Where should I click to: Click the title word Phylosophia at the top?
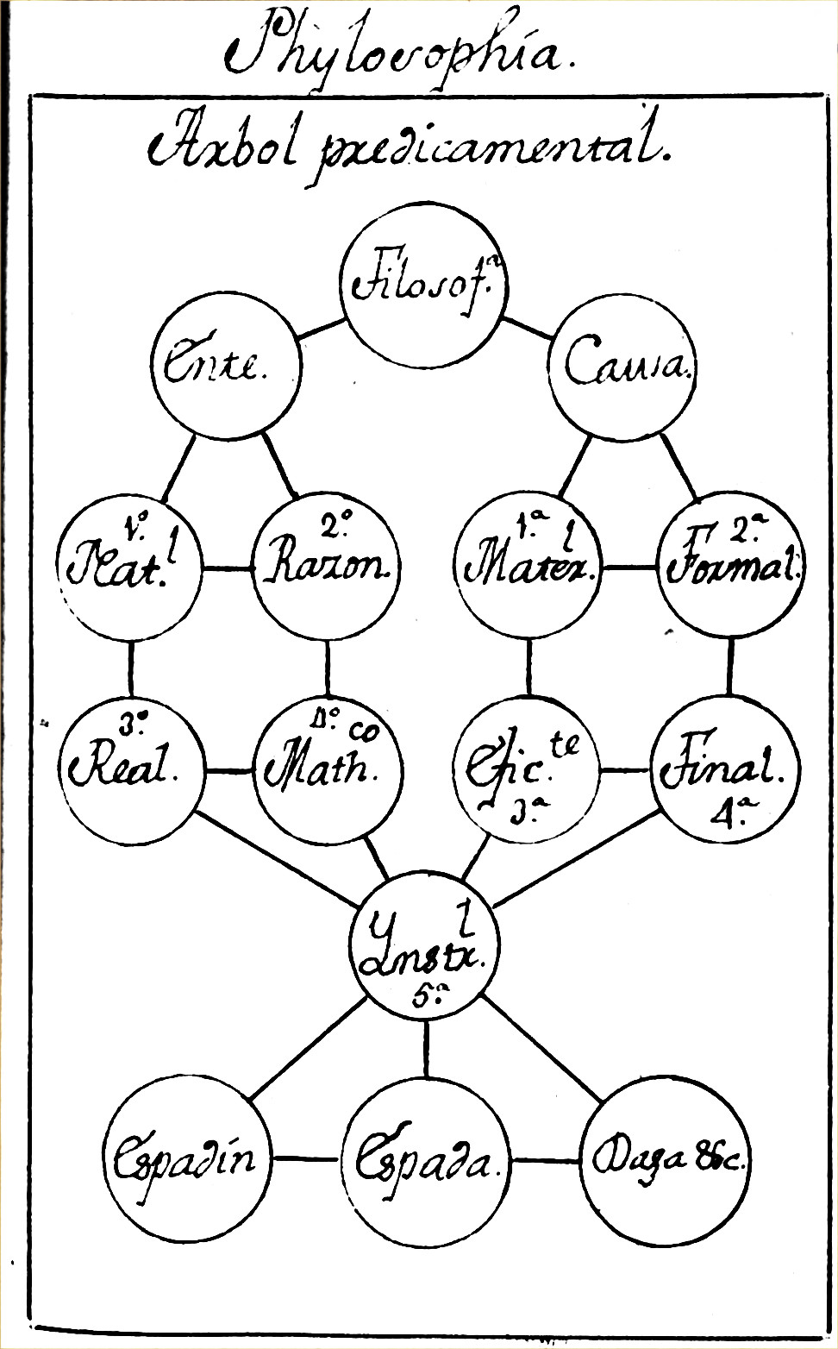(392, 52)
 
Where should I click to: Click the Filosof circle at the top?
(423, 281)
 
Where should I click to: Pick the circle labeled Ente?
(227, 366)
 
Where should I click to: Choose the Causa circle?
(623, 366)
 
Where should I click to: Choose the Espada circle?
(426, 1159)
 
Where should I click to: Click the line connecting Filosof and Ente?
(320, 329)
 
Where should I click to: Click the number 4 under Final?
(720, 814)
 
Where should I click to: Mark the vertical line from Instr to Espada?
(426, 1047)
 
